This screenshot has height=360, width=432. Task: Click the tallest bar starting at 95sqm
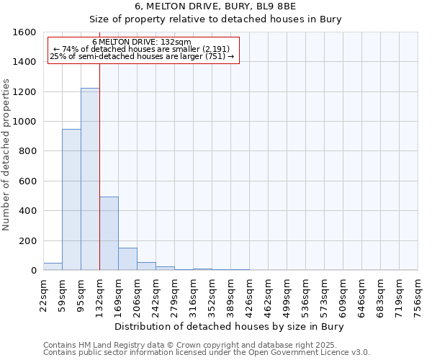[90, 179]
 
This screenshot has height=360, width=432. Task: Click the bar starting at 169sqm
[127, 259]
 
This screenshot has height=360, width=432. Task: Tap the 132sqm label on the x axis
[100, 294]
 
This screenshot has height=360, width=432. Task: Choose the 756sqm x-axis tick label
[418, 294]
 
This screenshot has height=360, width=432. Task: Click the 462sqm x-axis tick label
[269, 294]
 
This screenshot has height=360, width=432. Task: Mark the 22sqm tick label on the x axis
[44, 294]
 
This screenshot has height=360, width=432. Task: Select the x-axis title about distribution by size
[230, 327]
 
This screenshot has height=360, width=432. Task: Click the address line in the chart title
[215, 6]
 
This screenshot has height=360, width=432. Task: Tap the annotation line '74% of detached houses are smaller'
[142, 48]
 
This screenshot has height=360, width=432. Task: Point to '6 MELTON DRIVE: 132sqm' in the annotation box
[142, 42]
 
